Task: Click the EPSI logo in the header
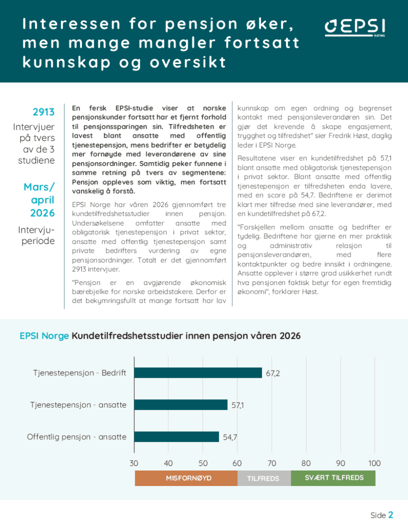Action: (355, 28)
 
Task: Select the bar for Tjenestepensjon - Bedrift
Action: (198, 373)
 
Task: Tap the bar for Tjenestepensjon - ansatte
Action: (181, 405)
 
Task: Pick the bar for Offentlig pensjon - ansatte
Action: (176, 437)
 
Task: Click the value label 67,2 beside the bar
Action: (273, 373)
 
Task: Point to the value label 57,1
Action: (238, 405)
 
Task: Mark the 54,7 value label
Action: (230, 437)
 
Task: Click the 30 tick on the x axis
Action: (134, 463)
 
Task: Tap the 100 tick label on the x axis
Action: (374, 463)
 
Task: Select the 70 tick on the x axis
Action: (272, 463)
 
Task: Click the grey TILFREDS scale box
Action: (264, 478)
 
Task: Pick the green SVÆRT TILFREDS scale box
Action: (333, 478)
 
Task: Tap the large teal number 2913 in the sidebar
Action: (44, 112)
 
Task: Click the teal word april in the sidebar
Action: (43, 200)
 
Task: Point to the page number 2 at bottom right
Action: (391, 515)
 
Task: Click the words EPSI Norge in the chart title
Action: (44, 336)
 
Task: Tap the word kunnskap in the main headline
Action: (67, 63)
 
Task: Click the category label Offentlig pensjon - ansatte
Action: (77, 437)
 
